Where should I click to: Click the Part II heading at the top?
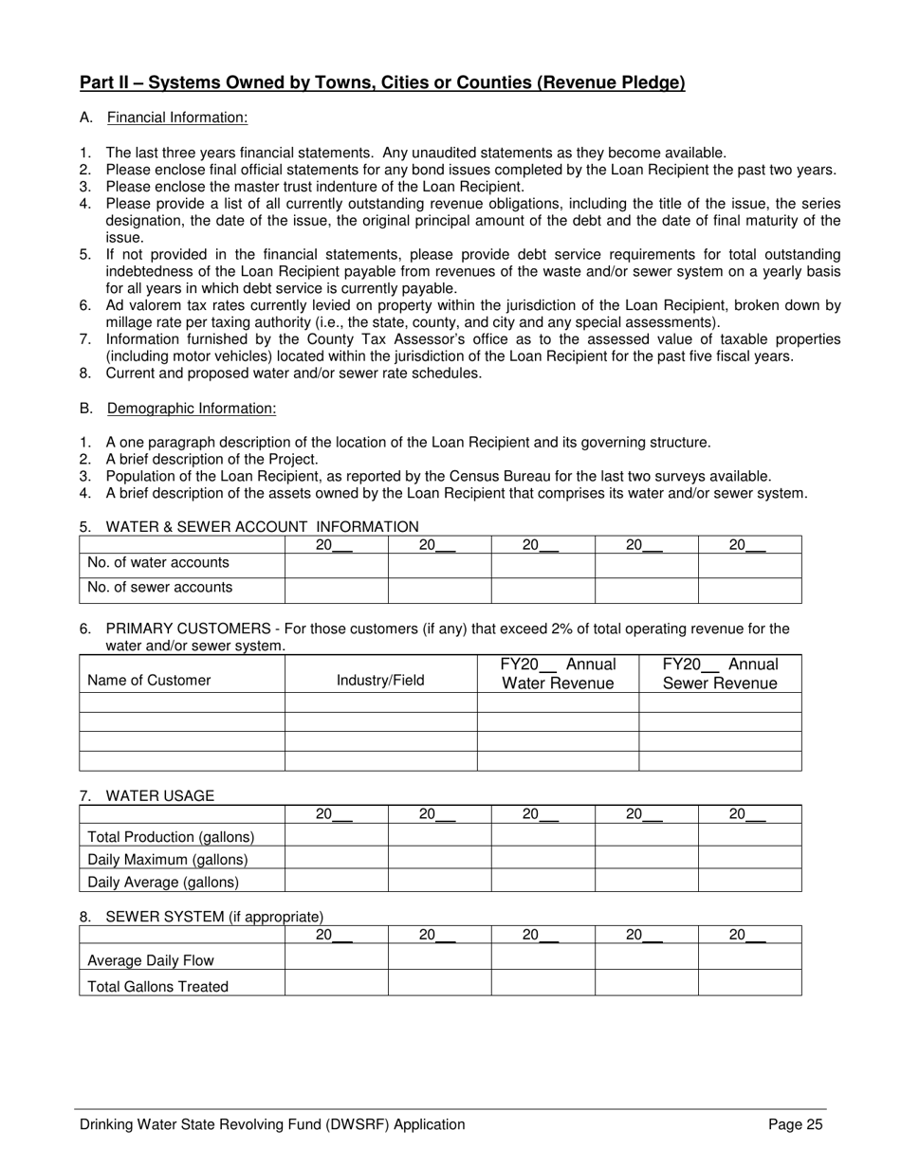tap(381, 83)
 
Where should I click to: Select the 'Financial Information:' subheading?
tap(177, 118)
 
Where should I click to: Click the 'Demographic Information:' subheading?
tap(192, 409)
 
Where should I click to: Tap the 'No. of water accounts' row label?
tap(158, 563)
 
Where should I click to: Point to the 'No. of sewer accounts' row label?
tap(159, 588)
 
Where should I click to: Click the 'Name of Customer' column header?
tap(149, 680)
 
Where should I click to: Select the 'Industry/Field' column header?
tap(380, 680)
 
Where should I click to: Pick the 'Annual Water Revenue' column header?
tap(558, 674)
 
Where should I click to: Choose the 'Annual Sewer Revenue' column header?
tap(720, 674)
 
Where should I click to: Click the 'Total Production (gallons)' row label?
tap(171, 837)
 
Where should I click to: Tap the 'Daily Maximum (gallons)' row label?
tap(167, 860)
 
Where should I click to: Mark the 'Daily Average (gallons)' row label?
tap(163, 883)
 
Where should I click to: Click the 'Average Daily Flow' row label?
tap(151, 961)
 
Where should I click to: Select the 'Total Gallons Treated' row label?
tap(157, 987)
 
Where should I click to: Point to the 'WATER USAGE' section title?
tap(159, 796)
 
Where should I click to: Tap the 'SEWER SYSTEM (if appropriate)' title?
tap(214, 917)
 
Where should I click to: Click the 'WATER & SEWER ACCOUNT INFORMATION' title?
tap(262, 527)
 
